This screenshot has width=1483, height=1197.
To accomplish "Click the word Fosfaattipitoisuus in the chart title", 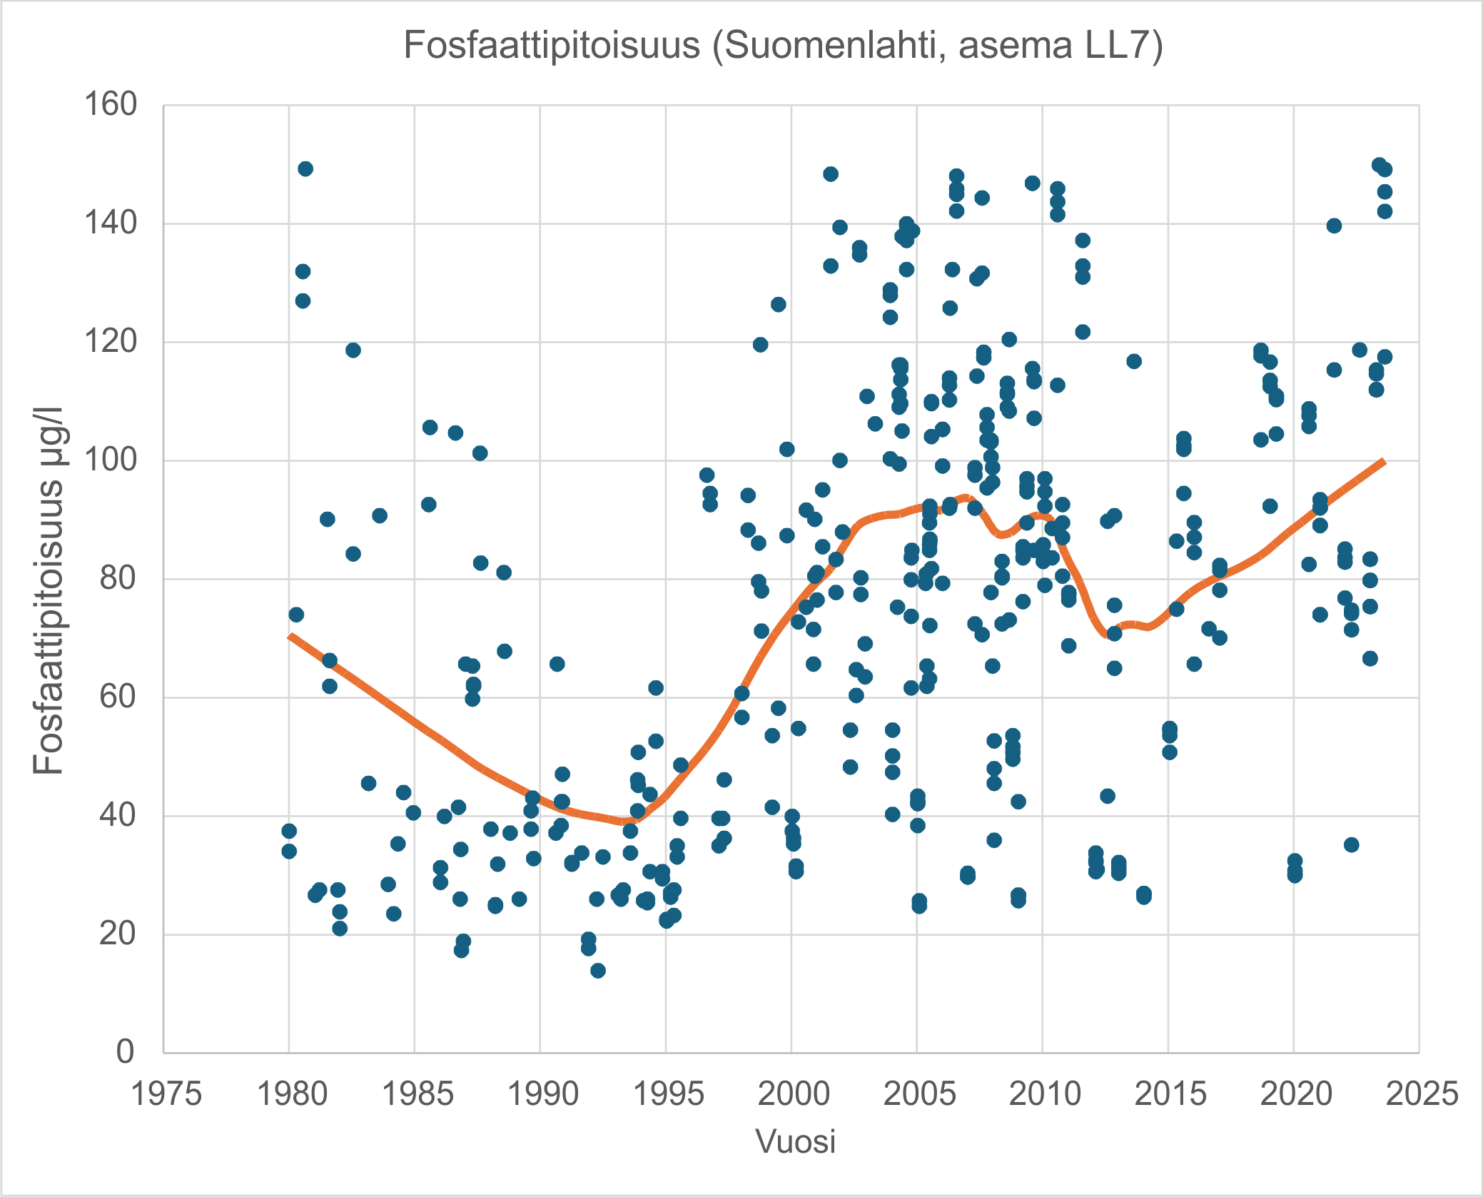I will pyautogui.click(x=552, y=46).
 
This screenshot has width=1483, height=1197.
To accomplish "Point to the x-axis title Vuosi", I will pyautogui.click(x=795, y=1141).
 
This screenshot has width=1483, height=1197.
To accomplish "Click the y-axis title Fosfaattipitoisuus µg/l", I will pyautogui.click(x=49, y=591).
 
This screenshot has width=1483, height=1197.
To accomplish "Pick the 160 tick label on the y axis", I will pyautogui.click(x=111, y=105).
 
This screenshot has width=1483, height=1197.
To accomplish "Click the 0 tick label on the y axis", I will pyautogui.click(x=125, y=1051).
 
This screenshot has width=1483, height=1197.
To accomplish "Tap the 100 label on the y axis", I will pyautogui.click(x=111, y=460).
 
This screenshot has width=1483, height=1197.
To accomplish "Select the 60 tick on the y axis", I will pyautogui.click(x=118, y=697).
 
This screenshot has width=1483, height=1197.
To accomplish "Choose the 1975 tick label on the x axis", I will pyautogui.click(x=166, y=1094).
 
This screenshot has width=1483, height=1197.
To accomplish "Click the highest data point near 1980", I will pyautogui.click(x=305, y=169).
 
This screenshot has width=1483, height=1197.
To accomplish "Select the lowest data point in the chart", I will pyautogui.click(x=598, y=970).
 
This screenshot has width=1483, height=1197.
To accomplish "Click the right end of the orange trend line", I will pyautogui.click(x=1383, y=462).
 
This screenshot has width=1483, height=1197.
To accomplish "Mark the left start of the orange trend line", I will pyautogui.click(x=290, y=636).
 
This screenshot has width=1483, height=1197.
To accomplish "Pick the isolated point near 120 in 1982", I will pyautogui.click(x=353, y=350).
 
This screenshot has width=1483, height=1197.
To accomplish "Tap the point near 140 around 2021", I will pyautogui.click(x=1334, y=226).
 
